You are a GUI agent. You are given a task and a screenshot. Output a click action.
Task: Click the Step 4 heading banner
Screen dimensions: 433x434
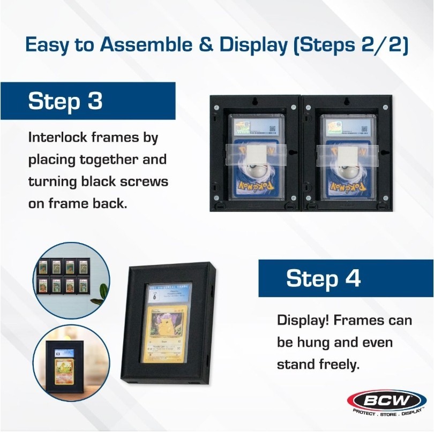346,278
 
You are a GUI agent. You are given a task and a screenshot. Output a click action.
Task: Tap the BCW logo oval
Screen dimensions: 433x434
386,400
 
